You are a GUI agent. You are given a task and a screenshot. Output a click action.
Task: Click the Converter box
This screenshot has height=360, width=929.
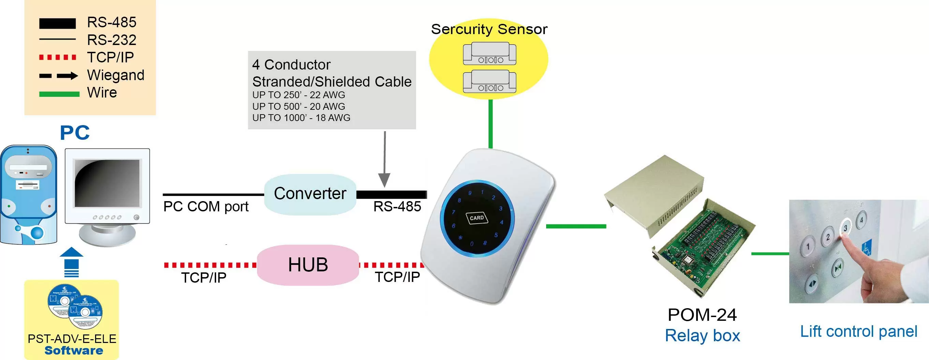point(310,194)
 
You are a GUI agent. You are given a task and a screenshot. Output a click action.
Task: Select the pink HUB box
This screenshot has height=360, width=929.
point(308,265)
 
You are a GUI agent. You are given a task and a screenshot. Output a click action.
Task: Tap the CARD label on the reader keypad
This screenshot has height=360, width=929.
point(477,218)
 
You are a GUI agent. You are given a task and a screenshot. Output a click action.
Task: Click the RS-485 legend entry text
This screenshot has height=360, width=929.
point(111,22)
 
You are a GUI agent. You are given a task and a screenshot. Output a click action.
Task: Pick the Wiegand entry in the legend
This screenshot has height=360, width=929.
point(116,75)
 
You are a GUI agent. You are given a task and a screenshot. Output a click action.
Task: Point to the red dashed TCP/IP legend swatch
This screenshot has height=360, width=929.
point(57,57)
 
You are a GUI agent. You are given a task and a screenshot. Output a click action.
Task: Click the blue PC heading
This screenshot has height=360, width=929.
point(75,133)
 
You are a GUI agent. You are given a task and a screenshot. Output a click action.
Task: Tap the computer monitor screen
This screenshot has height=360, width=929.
point(107,183)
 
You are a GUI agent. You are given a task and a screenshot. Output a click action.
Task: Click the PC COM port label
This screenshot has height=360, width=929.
point(206,207)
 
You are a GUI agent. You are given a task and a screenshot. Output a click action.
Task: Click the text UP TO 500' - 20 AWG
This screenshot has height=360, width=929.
point(298,106)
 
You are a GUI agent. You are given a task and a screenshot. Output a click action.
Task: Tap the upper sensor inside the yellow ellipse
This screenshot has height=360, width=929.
point(489,54)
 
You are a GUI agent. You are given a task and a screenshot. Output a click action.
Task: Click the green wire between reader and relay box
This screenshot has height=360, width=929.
point(575,226)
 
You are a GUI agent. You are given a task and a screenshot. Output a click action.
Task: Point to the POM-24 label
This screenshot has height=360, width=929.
point(702,315)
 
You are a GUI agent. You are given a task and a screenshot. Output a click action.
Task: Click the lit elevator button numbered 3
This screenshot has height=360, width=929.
point(846,228)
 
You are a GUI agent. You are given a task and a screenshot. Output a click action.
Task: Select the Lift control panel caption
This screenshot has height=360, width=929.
point(858,331)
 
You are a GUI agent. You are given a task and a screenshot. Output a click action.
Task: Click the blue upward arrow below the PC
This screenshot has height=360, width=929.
point(71,261)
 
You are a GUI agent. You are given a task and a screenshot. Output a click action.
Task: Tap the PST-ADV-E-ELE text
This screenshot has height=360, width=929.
point(72,339)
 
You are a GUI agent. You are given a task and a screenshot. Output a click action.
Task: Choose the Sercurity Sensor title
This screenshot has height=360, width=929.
point(489,29)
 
